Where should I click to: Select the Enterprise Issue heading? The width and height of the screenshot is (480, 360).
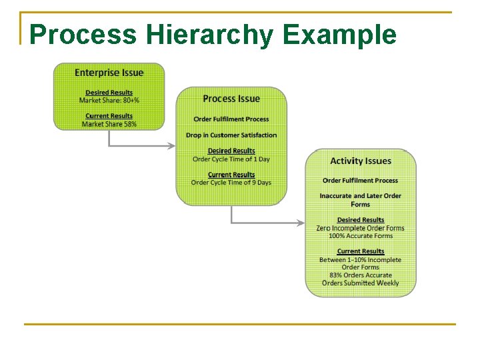click(109, 73)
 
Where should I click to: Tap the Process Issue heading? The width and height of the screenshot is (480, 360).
click(231, 99)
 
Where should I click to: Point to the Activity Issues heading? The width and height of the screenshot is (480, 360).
click(361, 161)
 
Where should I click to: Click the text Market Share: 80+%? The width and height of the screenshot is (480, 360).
click(109, 101)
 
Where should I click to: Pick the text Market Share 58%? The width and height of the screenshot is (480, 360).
click(109, 124)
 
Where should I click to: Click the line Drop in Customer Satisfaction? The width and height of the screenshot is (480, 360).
click(231, 135)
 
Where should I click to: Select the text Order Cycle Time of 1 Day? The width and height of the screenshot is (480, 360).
click(231, 159)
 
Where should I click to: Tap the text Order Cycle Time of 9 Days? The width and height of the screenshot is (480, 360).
click(231, 183)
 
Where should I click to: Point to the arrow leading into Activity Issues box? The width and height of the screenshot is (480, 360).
click(267, 223)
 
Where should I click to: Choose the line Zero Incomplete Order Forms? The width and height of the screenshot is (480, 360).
click(361, 228)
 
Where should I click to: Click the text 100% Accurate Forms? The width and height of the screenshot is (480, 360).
click(361, 236)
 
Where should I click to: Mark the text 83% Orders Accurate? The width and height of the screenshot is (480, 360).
click(361, 275)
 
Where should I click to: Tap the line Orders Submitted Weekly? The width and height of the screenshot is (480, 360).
click(361, 283)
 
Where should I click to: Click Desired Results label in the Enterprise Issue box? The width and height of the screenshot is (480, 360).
click(109, 93)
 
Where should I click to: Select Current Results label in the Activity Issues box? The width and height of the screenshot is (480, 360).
click(361, 251)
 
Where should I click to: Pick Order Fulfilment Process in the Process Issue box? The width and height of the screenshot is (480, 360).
click(231, 119)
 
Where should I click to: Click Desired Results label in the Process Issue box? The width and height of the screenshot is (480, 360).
click(231, 151)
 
